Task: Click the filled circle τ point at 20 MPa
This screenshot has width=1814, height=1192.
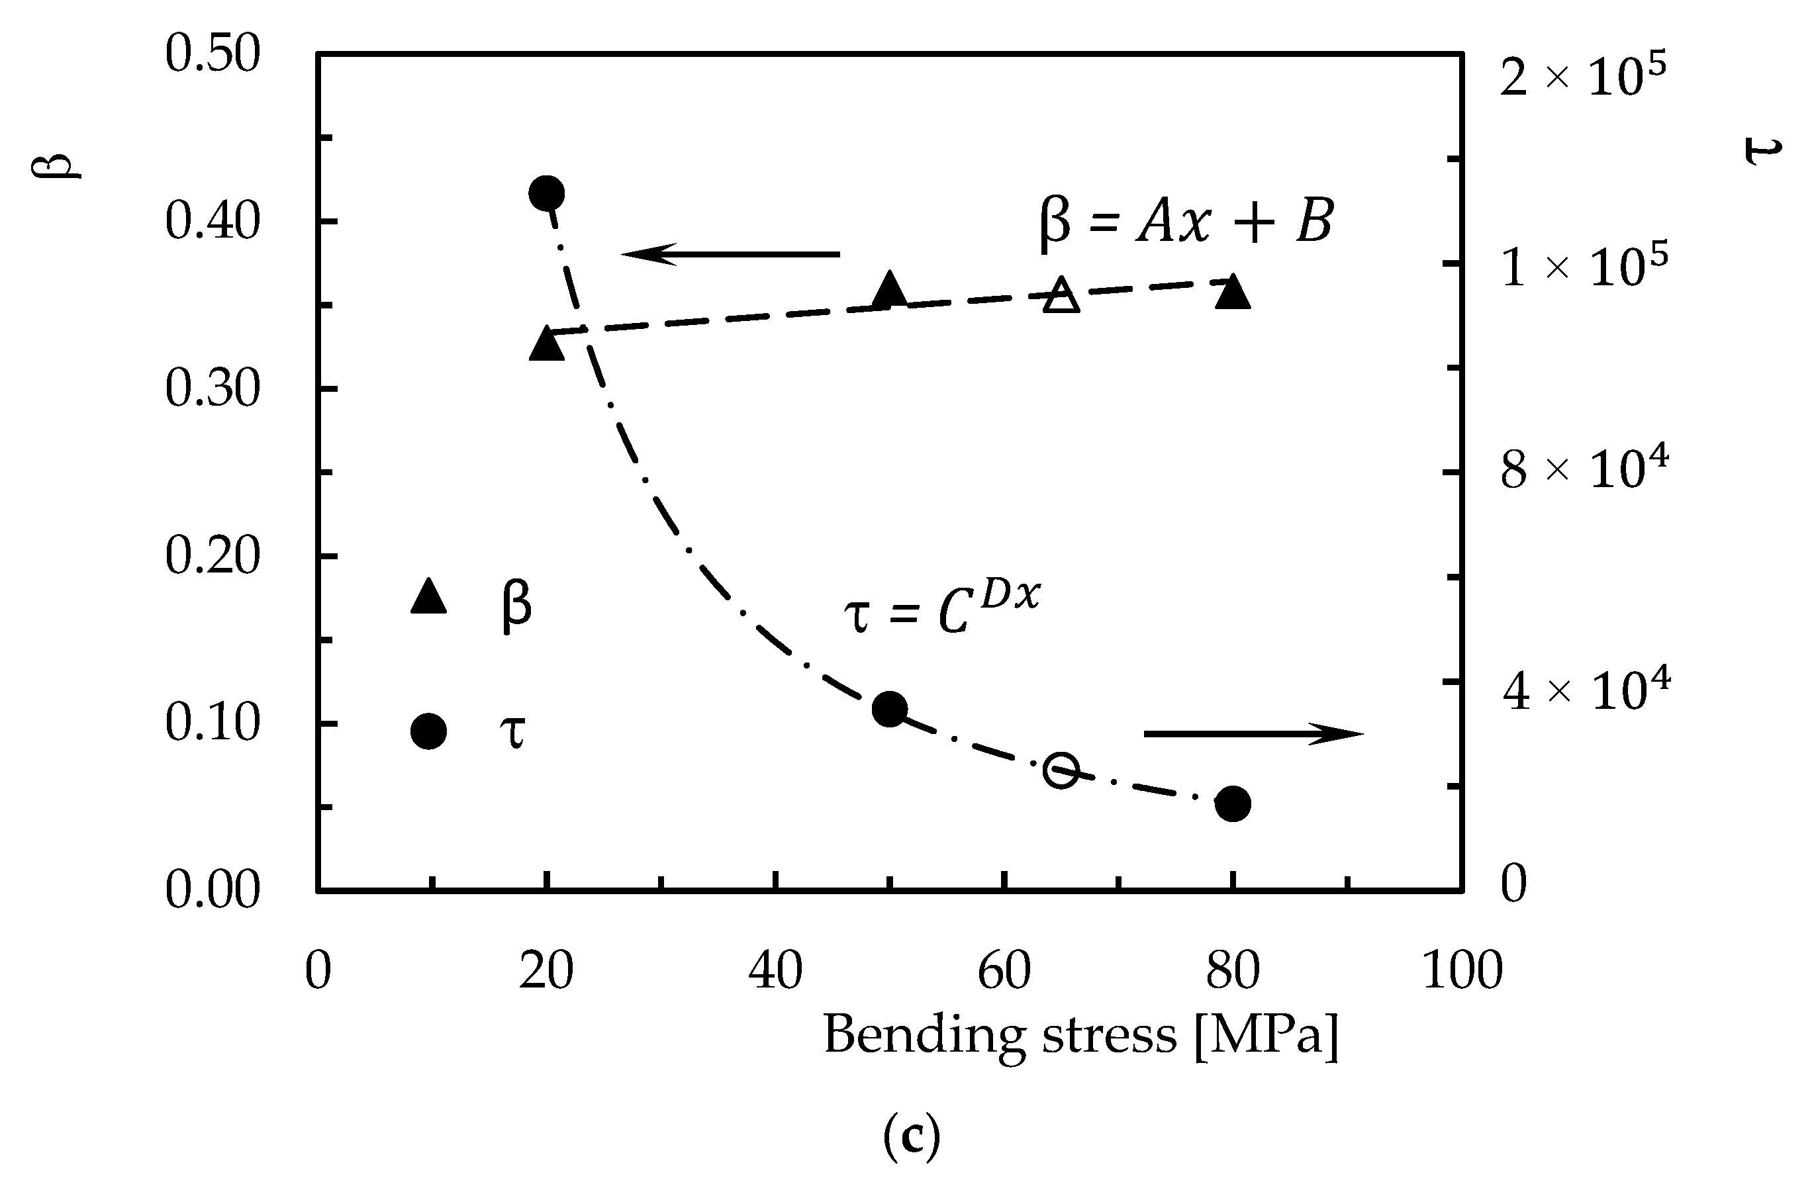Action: pos(546,193)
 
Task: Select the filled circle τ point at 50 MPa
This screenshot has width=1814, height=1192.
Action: pos(890,710)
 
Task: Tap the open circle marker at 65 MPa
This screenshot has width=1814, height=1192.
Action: pos(1062,770)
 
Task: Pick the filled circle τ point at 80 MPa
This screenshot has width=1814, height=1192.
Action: pos(1233,804)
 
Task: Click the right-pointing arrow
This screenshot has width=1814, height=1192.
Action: pos(1253,734)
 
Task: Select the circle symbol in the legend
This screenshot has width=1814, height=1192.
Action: pos(428,731)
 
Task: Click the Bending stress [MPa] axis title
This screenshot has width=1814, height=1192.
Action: pos(1080,1036)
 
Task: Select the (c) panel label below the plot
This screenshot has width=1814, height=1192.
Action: pos(911,1137)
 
